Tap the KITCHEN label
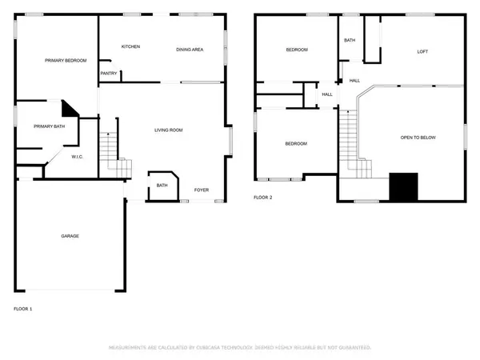pyautogui.click(x=130, y=46)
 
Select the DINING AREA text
pyautogui.click(x=190, y=50)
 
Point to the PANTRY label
pyautogui.click(x=110, y=74)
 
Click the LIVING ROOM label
pyautogui.click(x=169, y=130)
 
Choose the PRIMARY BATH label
pyautogui.click(x=49, y=126)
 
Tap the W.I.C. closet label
pyautogui.click(x=78, y=156)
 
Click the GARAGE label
pyautogui.click(x=70, y=236)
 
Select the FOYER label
pyautogui.click(x=202, y=190)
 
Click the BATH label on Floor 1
pyautogui.click(x=162, y=186)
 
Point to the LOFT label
pyautogui.click(x=422, y=51)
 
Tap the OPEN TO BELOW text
pyautogui.click(x=418, y=138)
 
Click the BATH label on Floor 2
pyautogui.click(x=350, y=40)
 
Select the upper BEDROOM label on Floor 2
pyautogui.click(x=297, y=50)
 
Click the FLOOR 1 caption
pyautogui.click(x=23, y=308)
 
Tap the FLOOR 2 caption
pyautogui.click(x=263, y=197)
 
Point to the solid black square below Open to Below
pyautogui.click(x=402, y=186)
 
